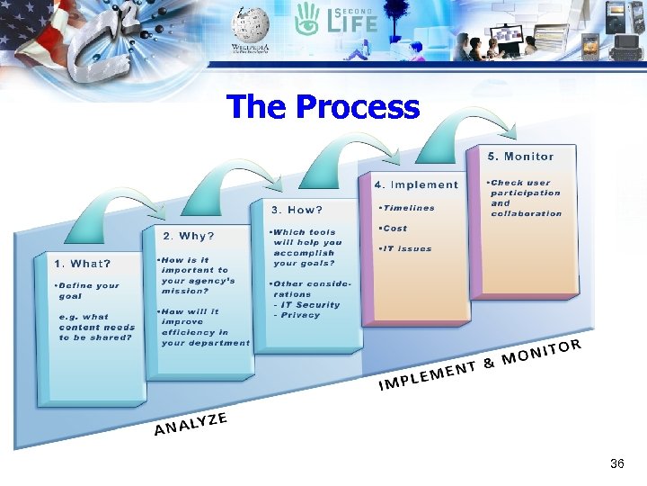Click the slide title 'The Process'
coord(323,107)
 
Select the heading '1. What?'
coord(83,264)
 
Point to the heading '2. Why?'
coord(189,236)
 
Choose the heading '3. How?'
coord(297,210)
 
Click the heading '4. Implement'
coord(416,184)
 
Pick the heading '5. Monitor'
coord(521,157)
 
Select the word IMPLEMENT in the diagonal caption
coord(427,376)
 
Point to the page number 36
coord(616,463)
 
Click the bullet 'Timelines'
coord(407,208)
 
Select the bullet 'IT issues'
coord(405,248)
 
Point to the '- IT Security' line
coord(306,304)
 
